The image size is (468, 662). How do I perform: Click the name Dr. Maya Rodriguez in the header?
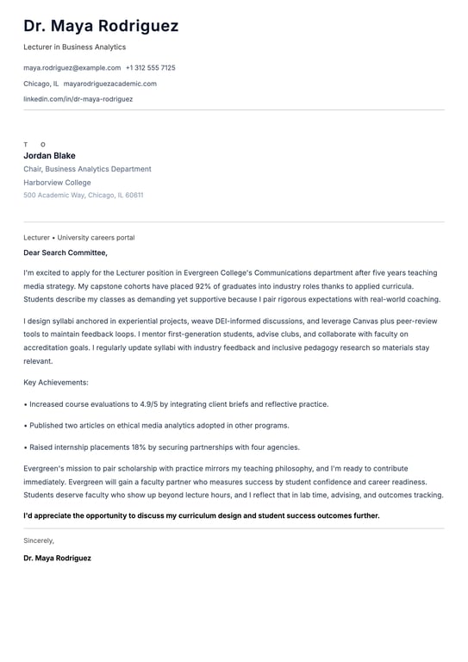(101, 26)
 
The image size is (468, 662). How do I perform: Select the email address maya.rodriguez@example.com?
(72, 67)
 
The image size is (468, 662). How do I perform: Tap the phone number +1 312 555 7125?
(150, 67)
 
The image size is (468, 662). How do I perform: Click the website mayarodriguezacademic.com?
(109, 84)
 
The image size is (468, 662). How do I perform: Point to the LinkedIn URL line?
(78, 99)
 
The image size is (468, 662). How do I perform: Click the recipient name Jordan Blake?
(49, 156)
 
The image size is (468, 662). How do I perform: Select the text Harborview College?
(57, 183)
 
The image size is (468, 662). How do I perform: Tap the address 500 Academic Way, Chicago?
(83, 196)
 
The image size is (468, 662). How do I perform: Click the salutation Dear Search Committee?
(65, 253)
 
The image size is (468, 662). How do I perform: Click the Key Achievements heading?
(55, 382)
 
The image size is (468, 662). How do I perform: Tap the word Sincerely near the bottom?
(39, 540)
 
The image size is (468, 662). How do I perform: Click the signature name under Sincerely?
(57, 558)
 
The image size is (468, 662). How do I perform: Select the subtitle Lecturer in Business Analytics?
(74, 47)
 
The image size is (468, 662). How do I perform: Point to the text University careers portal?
(96, 237)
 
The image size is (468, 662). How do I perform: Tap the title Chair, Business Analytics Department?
(87, 169)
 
